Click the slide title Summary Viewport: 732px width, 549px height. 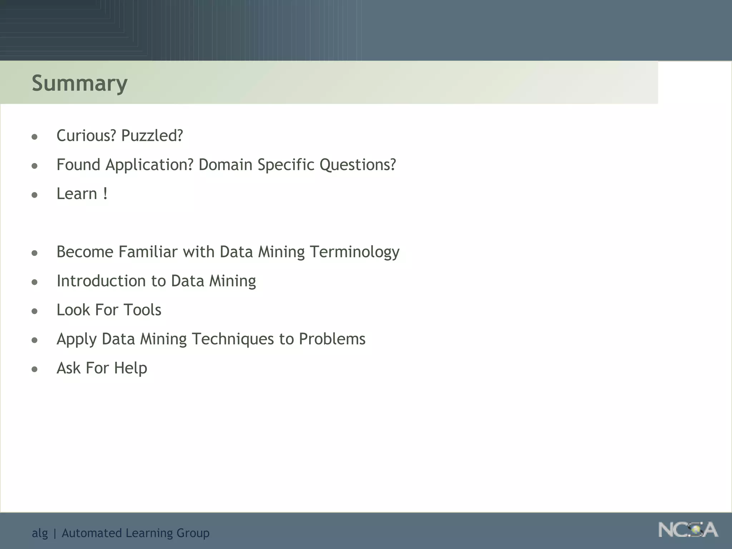tap(79, 83)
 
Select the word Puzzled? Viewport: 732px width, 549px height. tap(152, 136)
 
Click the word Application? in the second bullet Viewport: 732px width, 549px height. tap(149, 165)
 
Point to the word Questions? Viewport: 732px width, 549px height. tap(357, 165)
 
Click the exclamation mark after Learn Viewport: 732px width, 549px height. tap(105, 194)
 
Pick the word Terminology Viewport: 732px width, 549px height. tap(354, 252)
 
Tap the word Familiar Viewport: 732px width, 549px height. tap(148, 252)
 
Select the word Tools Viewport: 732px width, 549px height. tap(142, 310)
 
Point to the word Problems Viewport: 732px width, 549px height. tap(332, 339)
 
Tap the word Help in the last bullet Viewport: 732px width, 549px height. tap(130, 368)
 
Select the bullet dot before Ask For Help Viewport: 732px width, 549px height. tap(35, 369)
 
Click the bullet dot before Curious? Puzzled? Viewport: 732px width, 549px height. tap(35, 137)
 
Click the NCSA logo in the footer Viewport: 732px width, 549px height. tap(688, 530)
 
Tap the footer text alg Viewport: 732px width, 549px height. tap(40, 533)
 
